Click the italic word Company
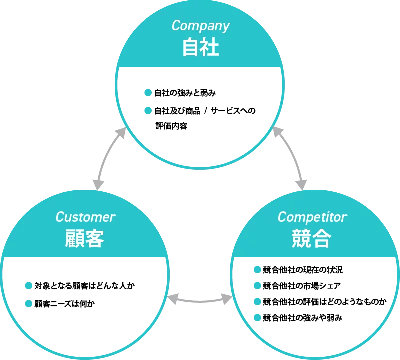tap(200, 26)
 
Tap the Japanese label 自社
tap(200, 48)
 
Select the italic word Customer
tap(85, 217)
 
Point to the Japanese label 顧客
tap(85, 239)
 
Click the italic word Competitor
tap(312, 217)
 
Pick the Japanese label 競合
tap(311, 239)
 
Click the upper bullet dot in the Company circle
tap(148, 93)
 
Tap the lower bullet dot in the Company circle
tap(148, 110)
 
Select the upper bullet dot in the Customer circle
tap(28, 286)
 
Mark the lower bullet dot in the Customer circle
tap(28, 303)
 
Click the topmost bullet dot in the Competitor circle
tap(258, 270)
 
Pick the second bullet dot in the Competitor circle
tap(258, 286)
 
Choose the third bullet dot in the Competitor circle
tap(258, 301)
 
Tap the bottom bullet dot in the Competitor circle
tap(258, 317)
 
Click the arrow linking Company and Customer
tap(107, 157)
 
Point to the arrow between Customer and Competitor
tap(200, 300)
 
